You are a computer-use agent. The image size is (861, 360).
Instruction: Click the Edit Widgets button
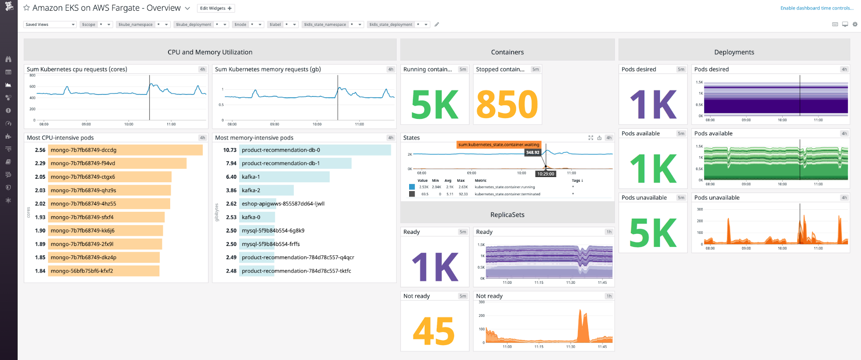click(215, 8)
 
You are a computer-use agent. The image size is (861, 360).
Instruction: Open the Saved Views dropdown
click(50, 25)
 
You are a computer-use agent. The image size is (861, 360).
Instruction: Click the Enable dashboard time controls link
click(817, 8)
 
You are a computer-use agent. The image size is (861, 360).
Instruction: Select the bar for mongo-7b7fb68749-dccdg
click(125, 150)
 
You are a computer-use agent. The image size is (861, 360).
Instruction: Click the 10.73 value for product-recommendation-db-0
click(230, 150)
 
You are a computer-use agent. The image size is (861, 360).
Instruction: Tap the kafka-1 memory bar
click(284, 177)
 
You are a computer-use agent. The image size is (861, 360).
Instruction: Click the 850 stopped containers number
click(507, 104)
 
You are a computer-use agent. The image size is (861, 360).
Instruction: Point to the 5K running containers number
click(435, 104)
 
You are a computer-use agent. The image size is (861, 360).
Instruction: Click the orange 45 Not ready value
click(434, 331)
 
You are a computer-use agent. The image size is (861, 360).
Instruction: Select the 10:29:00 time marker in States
click(545, 174)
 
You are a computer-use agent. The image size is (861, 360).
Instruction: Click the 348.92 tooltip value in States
click(532, 152)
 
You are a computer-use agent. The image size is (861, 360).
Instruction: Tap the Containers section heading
click(507, 52)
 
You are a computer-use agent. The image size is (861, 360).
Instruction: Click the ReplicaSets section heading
click(507, 214)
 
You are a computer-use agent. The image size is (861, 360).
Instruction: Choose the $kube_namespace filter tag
click(136, 25)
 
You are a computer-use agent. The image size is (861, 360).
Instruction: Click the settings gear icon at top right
click(855, 25)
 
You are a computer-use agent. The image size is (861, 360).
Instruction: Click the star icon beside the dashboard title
click(27, 8)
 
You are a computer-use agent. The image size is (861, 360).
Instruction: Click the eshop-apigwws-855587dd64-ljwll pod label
click(283, 204)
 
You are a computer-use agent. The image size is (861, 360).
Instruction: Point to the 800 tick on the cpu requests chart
click(32, 75)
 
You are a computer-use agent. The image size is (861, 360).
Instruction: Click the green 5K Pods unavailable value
click(653, 233)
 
